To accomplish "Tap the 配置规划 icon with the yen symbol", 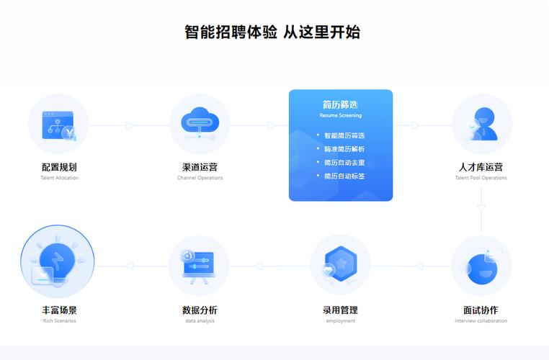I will coord(58,125).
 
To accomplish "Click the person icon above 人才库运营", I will coord(482,124).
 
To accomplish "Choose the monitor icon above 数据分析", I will coord(199,265).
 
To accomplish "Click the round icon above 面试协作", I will coord(481,266).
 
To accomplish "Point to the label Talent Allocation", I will coord(60,178).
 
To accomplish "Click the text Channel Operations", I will coord(200,178).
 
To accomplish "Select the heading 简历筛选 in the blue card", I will coord(341,105).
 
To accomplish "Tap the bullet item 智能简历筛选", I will coord(344,135).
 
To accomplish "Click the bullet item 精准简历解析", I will coord(344,149).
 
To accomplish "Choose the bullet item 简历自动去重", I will coord(344,163).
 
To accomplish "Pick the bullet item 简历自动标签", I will coord(344,176).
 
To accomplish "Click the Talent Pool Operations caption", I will coord(481,178).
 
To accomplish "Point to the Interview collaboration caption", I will coord(481,321).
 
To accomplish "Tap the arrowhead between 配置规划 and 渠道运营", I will coord(130,126).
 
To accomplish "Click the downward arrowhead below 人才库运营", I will coord(481,209).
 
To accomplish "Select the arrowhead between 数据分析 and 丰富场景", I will coord(130,266).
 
